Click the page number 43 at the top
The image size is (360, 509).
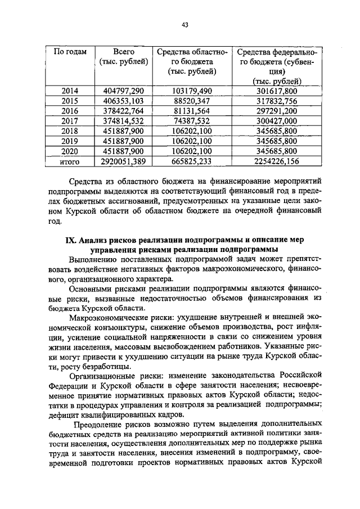[x=184, y=24]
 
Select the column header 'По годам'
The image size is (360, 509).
[x=70, y=52]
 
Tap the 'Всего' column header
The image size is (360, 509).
[x=123, y=52]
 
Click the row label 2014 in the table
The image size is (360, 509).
[x=70, y=91]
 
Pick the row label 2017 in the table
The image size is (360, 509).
[x=70, y=121]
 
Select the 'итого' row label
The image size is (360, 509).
[x=70, y=161]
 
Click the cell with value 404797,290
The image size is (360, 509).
[x=124, y=91]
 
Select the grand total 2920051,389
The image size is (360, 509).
[x=124, y=161]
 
